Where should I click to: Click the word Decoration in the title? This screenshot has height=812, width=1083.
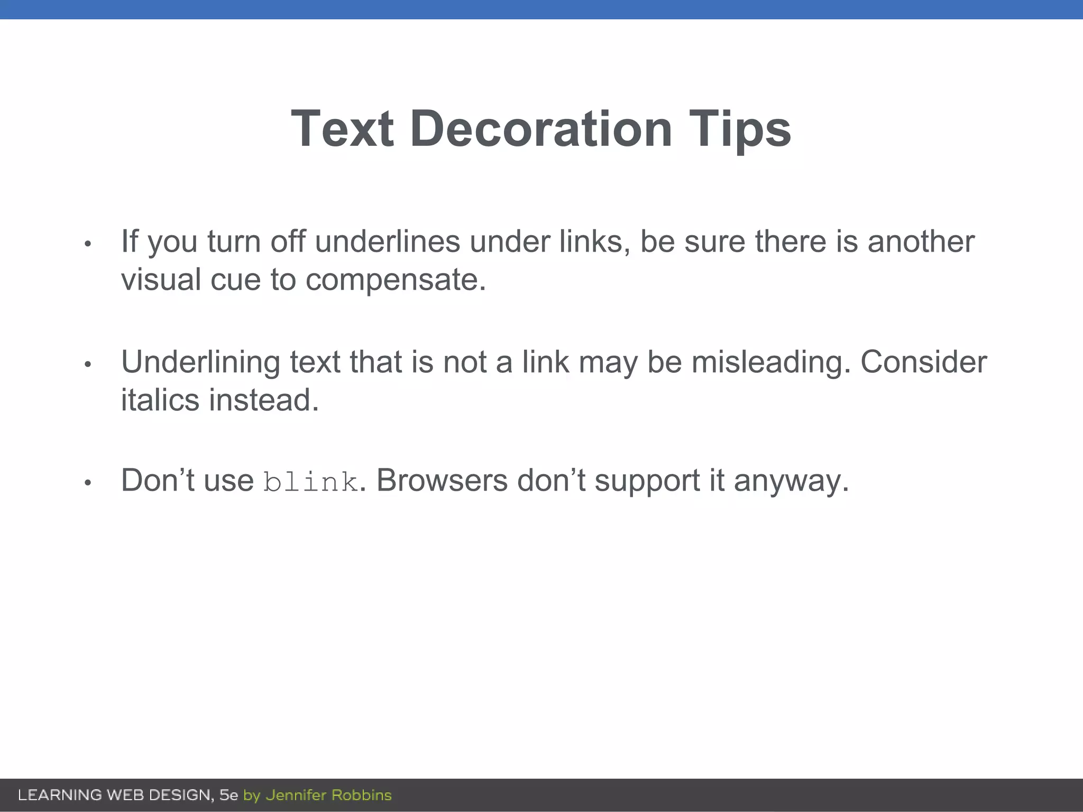540,128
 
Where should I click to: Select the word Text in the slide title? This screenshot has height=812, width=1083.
342,128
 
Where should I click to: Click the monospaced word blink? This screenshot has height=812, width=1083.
310,482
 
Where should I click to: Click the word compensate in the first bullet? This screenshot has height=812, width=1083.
395,280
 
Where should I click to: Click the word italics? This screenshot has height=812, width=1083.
160,400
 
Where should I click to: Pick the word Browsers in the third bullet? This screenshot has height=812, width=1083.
442,481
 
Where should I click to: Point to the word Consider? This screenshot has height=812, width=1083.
923,362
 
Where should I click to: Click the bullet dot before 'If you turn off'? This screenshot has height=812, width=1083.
88,244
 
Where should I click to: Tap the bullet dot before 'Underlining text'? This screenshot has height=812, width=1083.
88,364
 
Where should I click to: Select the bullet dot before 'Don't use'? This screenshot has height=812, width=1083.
88,483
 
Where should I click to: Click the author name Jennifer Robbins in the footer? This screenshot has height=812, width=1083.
328,795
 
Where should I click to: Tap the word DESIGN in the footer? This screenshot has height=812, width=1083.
181,795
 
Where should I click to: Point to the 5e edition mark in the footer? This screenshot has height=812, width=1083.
229,795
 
